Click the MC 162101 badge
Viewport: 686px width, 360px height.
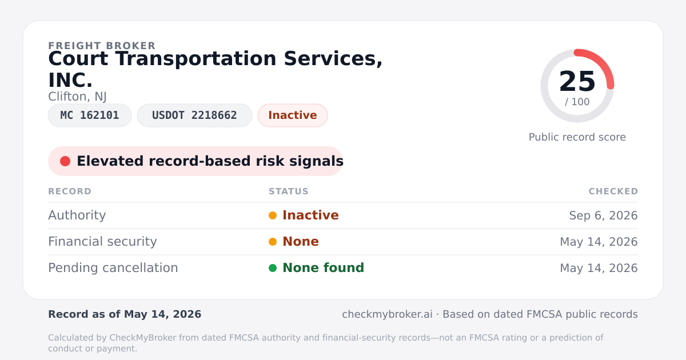[x=90, y=115]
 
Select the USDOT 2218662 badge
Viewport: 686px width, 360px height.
[x=194, y=115]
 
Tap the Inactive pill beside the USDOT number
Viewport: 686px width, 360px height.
[x=293, y=115]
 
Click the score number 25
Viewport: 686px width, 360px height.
[x=577, y=81]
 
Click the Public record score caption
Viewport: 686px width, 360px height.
[x=577, y=137]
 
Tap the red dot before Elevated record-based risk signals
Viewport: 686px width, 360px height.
[x=65, y=161]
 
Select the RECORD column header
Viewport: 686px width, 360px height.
[x=70, y=191]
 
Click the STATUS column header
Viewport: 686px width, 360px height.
[x=289, y=191]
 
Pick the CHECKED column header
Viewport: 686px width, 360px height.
[x=613, y=191]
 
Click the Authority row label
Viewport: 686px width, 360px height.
[x=77, y=215]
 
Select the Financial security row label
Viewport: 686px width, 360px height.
[x=102, y=242]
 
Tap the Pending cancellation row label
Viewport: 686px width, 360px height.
[x=113, y=268]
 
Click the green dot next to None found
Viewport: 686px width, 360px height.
[x=273, y=268]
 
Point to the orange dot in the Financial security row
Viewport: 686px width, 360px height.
[x=273, y=242]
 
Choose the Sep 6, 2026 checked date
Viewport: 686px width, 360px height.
[x=603, y=215]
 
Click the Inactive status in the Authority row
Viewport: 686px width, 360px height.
[x=310, y=215]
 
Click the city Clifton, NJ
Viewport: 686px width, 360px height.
[x=78, y=97]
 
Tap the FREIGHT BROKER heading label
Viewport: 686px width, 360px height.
[x=102, y=46]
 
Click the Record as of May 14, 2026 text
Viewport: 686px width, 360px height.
[x=125, y=314]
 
